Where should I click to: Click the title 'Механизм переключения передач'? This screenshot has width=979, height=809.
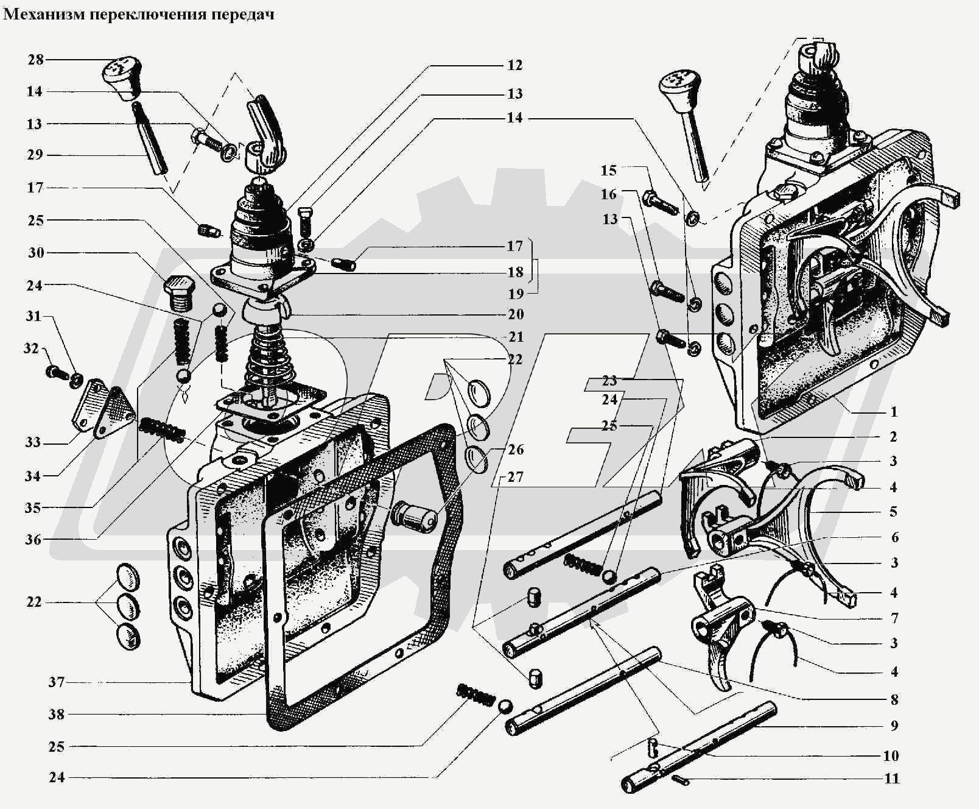139,14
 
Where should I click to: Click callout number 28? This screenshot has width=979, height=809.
35,59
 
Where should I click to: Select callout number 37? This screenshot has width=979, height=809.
56,682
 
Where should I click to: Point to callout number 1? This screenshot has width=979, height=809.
893,412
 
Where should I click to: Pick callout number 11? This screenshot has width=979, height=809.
891,779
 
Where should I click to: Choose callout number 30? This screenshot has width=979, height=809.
36,252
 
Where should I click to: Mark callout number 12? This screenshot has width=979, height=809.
514,65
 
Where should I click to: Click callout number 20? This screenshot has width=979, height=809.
515,314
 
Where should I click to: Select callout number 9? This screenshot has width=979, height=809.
893,726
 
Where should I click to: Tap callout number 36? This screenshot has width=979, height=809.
33,539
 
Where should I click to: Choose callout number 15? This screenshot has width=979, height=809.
608,171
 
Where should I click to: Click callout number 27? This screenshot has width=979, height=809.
515,476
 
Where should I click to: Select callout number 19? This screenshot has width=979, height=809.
515,294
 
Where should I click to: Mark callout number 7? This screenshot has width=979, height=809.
894,618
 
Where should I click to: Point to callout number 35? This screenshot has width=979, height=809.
33,507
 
